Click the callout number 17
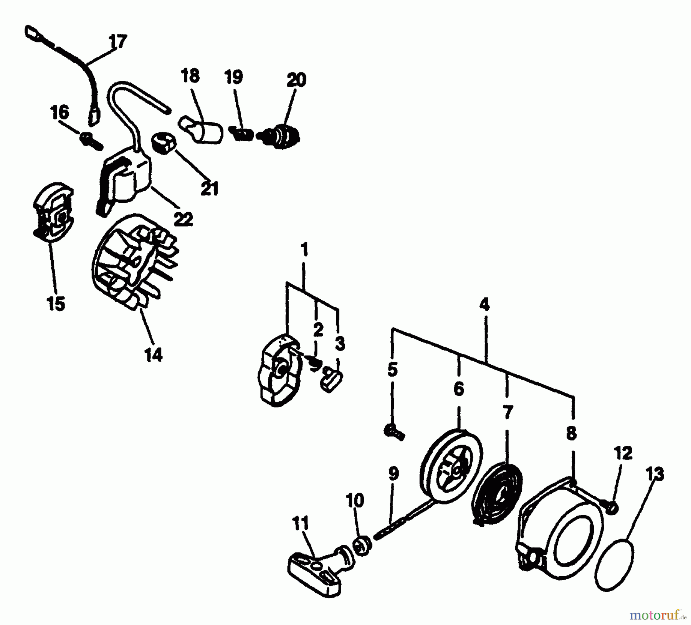click(x=117, y=41)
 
